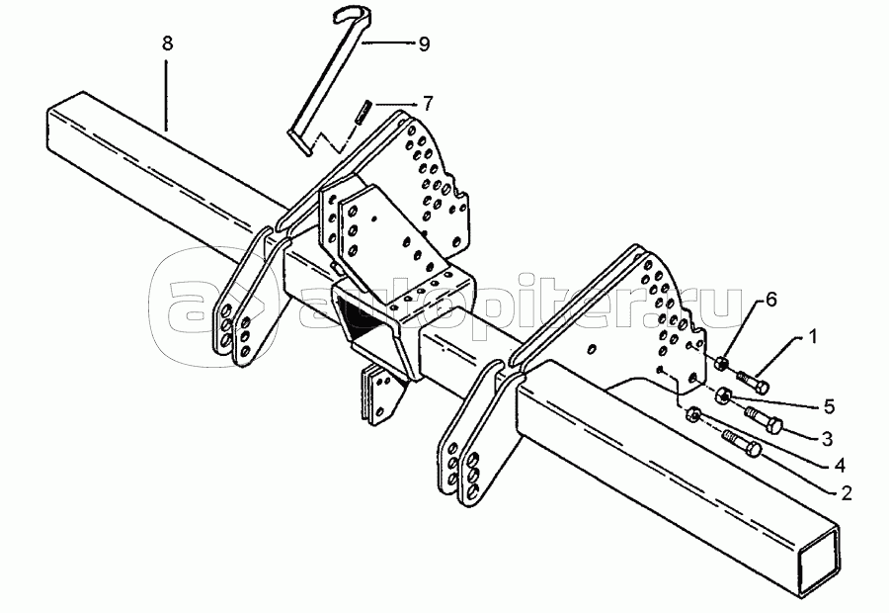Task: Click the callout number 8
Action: pyautogui.click(x=167, y=44)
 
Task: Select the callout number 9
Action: pyautogui.click(x=424, y=44)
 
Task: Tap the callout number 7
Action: pyautogui.click(x=427, y=102)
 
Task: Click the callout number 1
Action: pyautogui.click(x=813, y=337)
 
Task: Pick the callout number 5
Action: pyautogui.click(x=829, y=404)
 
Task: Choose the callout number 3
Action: pyautogui.click(x=827, y=436)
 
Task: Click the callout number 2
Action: pyautogui.click(x=847, y=489)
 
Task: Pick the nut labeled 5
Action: pyautogui.click(x=724, y=396)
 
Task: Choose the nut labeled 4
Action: pyautogui.click(x=693, y=414)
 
